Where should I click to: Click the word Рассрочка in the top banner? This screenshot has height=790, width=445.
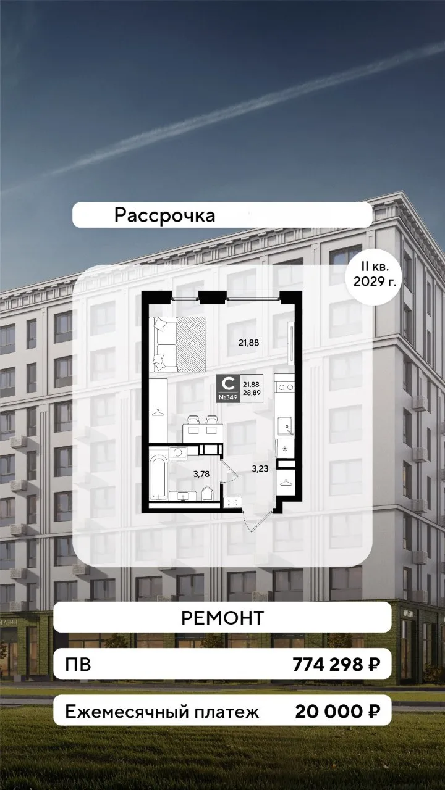[x=164, y=215]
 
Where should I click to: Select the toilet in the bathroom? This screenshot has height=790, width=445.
[x=207, y=493]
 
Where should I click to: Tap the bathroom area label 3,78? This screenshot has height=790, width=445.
[x=201, y=475]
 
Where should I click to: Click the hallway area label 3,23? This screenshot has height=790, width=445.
[x=260, y=468]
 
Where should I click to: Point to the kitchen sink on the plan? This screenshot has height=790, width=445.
[x=285, y=426]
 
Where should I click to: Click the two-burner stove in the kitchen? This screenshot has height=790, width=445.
[x=286, y=387]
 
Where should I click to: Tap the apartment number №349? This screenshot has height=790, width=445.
[x=228, y=397]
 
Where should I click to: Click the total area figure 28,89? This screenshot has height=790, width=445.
[x=252, y=392]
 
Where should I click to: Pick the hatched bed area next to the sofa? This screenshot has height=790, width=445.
[x=191, y=344]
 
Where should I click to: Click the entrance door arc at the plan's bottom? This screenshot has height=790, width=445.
[x=258, y=521]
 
